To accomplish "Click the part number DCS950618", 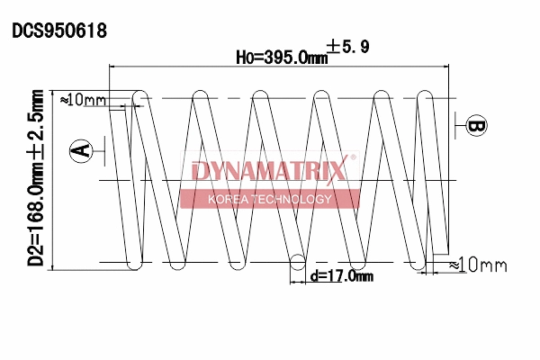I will pos(59,31).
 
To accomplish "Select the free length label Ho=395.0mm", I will pos(281,57).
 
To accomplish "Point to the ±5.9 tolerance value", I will pos(347,46).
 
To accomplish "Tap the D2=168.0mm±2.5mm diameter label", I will pos(36,177).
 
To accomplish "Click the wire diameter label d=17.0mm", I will pos(341,277).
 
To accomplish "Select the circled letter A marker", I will pos(82,150).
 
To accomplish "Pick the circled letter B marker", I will pos(476,126).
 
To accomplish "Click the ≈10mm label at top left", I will pos(83,99).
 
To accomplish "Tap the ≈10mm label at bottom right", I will pos(477,265).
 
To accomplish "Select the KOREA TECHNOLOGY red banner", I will pos(270,199).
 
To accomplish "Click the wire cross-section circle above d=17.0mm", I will pos(296,263).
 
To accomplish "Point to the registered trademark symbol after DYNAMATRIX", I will pos(353,159).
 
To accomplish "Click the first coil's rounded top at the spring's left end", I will pos(139,94).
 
